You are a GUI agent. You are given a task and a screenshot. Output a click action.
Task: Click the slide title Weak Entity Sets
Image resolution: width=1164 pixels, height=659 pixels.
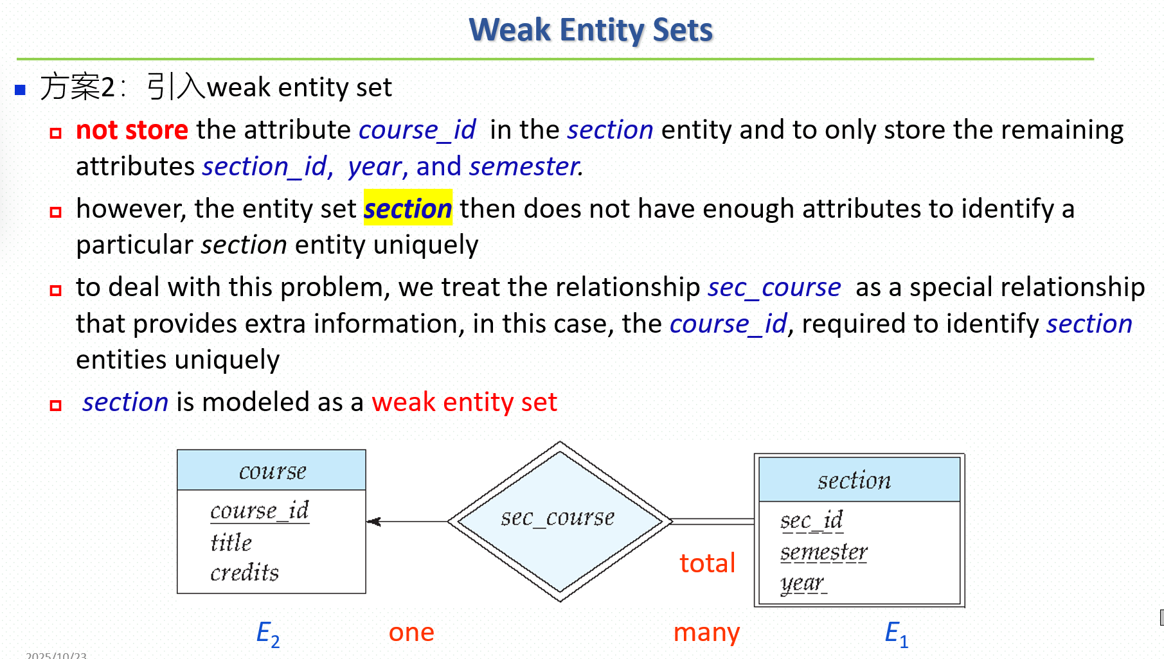point(591,30)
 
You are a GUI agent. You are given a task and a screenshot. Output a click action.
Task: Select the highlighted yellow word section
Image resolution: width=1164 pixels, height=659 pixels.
point(408,208)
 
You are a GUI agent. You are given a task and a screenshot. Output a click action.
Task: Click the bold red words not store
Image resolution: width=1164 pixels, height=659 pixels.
point(132,130)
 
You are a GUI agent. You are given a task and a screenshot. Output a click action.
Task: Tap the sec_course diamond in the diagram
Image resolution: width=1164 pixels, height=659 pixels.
point(560,521)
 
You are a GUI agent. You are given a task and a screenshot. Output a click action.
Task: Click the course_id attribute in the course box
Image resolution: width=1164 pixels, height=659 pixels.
point(260,511)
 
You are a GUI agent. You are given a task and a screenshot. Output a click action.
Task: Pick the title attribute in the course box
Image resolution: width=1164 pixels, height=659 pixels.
point(231,542)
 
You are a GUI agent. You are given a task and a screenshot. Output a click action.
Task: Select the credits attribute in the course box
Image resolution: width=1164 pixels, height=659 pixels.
point(244,572)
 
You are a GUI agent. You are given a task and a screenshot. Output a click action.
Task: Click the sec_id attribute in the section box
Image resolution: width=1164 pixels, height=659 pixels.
point(811,520)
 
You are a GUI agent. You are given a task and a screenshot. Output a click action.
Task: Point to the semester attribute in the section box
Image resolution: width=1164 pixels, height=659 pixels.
point(823,552)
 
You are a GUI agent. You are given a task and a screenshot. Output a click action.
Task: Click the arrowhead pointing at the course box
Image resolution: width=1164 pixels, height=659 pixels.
point(373,522)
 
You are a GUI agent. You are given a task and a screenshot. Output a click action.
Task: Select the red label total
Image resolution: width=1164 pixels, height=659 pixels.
point(707,563)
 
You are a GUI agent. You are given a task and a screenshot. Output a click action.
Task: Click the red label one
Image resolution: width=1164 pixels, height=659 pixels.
point(411,632)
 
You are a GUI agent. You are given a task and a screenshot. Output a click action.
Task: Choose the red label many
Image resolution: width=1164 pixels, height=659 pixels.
point(706,633)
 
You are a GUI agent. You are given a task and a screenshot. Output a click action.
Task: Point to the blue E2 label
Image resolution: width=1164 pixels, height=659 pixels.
point(267,634)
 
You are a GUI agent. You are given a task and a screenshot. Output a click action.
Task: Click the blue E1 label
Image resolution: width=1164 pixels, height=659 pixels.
point(896,634)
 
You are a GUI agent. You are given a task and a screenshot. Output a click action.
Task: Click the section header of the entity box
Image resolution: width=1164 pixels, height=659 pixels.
point(859,480)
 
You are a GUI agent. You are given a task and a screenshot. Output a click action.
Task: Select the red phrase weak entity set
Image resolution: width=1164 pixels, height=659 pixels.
point(464,402)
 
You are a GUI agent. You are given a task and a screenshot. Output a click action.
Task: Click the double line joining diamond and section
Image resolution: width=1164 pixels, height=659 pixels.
point(713,522)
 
